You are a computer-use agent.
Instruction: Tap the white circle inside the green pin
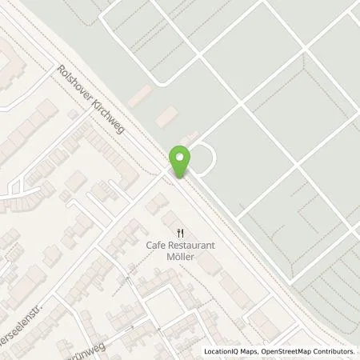pos(180,157)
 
